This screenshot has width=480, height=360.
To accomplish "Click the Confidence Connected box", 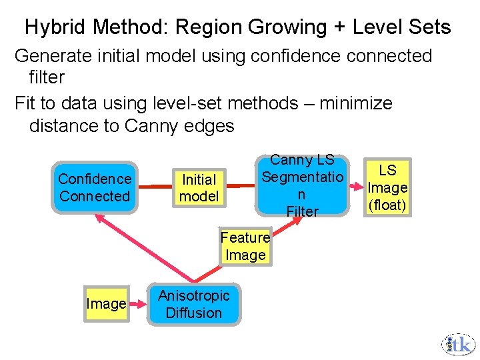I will [95, 187].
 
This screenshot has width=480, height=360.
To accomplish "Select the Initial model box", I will [199, 187].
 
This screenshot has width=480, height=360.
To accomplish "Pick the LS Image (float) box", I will [387, 187].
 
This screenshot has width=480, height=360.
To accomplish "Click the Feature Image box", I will [245, 246].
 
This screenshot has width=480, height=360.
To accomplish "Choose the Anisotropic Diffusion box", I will [193, 304].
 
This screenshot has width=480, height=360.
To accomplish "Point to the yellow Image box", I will [106, 304].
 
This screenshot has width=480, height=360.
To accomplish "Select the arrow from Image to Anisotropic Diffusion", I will [138, 304].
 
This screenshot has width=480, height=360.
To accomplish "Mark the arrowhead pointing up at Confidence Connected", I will [99, 218].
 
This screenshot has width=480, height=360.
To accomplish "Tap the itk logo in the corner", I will [458, 343].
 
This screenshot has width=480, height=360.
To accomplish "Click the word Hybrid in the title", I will [56, 27].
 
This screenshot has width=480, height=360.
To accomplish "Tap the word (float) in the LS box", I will [387, 205].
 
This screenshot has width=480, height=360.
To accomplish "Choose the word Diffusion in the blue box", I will [193, 313].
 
